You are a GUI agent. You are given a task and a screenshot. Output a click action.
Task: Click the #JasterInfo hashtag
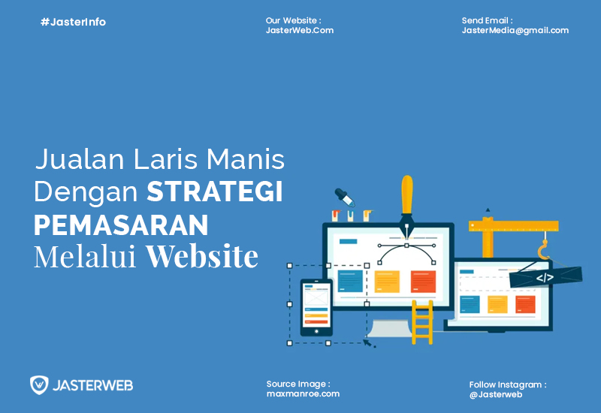point(73,23)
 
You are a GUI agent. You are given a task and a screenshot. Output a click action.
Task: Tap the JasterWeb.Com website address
point(300,31)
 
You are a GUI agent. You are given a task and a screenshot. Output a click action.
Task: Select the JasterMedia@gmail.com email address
point(515,31)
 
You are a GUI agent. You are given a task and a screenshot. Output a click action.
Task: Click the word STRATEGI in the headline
point(215,191)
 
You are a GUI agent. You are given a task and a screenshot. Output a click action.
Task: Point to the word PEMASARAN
point(121,225)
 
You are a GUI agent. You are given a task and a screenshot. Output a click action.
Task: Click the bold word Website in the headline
point(202,256)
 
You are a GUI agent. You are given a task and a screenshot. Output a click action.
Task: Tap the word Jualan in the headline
point(80,158)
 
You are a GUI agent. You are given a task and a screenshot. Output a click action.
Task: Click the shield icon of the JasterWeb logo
point(39,385)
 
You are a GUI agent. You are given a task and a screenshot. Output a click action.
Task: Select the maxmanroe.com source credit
point(304,393)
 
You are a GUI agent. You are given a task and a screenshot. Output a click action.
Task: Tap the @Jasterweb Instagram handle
point(496,395)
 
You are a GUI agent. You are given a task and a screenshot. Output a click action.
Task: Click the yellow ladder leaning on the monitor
point(422,322)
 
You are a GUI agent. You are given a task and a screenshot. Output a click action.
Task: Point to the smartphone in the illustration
point(316,308)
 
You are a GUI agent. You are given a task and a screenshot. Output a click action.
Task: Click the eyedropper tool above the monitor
point(345,197)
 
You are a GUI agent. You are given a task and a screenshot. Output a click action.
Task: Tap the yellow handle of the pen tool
point(407,194)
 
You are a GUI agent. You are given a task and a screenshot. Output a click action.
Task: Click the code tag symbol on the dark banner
point(545,277)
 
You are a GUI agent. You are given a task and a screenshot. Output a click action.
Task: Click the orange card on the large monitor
point(423,282)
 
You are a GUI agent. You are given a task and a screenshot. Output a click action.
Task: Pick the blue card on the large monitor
point(350,281)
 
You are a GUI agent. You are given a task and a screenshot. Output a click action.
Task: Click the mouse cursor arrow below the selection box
point(368,342)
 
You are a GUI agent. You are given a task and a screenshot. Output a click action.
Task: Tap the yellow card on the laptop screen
point(497,305)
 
